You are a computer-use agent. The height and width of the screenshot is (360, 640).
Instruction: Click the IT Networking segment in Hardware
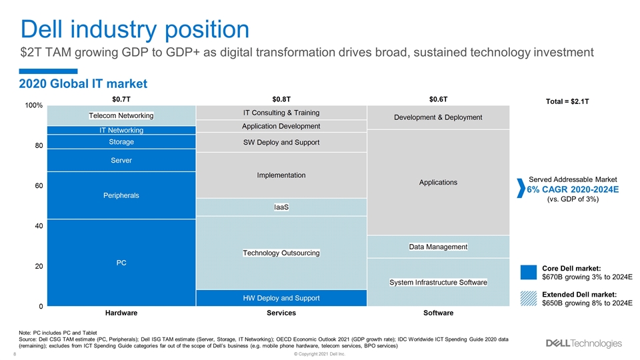[x=121, y=130]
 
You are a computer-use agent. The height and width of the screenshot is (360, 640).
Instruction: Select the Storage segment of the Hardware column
[x=121, y=141]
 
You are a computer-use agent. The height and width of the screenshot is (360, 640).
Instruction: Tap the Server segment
[x=121, y=161]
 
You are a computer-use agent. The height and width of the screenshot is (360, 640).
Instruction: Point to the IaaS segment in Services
[x=281, y=207]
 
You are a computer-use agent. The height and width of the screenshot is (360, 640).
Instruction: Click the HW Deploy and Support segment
[x=281, y=298]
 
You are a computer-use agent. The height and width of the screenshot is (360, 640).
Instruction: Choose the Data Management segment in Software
[x=438, y=247]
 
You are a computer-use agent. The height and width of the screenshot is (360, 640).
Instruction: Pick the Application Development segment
[x=281, y=126]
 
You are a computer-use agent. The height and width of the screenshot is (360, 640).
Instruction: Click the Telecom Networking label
[x=121, y=115]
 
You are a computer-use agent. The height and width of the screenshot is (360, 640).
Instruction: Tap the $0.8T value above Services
[x=281, y=99]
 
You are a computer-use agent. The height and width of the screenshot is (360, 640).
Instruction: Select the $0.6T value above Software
[x=438, y=99]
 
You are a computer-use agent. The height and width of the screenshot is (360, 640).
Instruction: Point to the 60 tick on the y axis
[x=39, y=186]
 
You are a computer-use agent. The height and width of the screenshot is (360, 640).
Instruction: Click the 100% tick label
[x=33, y=105]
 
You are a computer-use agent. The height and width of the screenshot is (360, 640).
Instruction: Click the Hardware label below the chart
[x=121, y=313]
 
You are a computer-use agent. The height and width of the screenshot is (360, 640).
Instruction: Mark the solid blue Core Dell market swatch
[x=529, y=272]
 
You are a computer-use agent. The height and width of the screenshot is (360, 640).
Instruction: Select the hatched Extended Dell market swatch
[x=529, y=299]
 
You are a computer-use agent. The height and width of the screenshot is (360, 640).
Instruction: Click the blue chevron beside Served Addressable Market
[x=521, y=188]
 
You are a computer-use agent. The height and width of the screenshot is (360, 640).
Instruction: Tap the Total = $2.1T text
[x=567, y=101]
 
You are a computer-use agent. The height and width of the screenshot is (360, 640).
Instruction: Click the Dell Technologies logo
[x=584, y=343]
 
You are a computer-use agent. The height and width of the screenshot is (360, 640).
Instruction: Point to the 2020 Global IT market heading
[x=83, y=84]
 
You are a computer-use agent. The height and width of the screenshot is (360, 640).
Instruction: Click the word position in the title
[x=207, y=30]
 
